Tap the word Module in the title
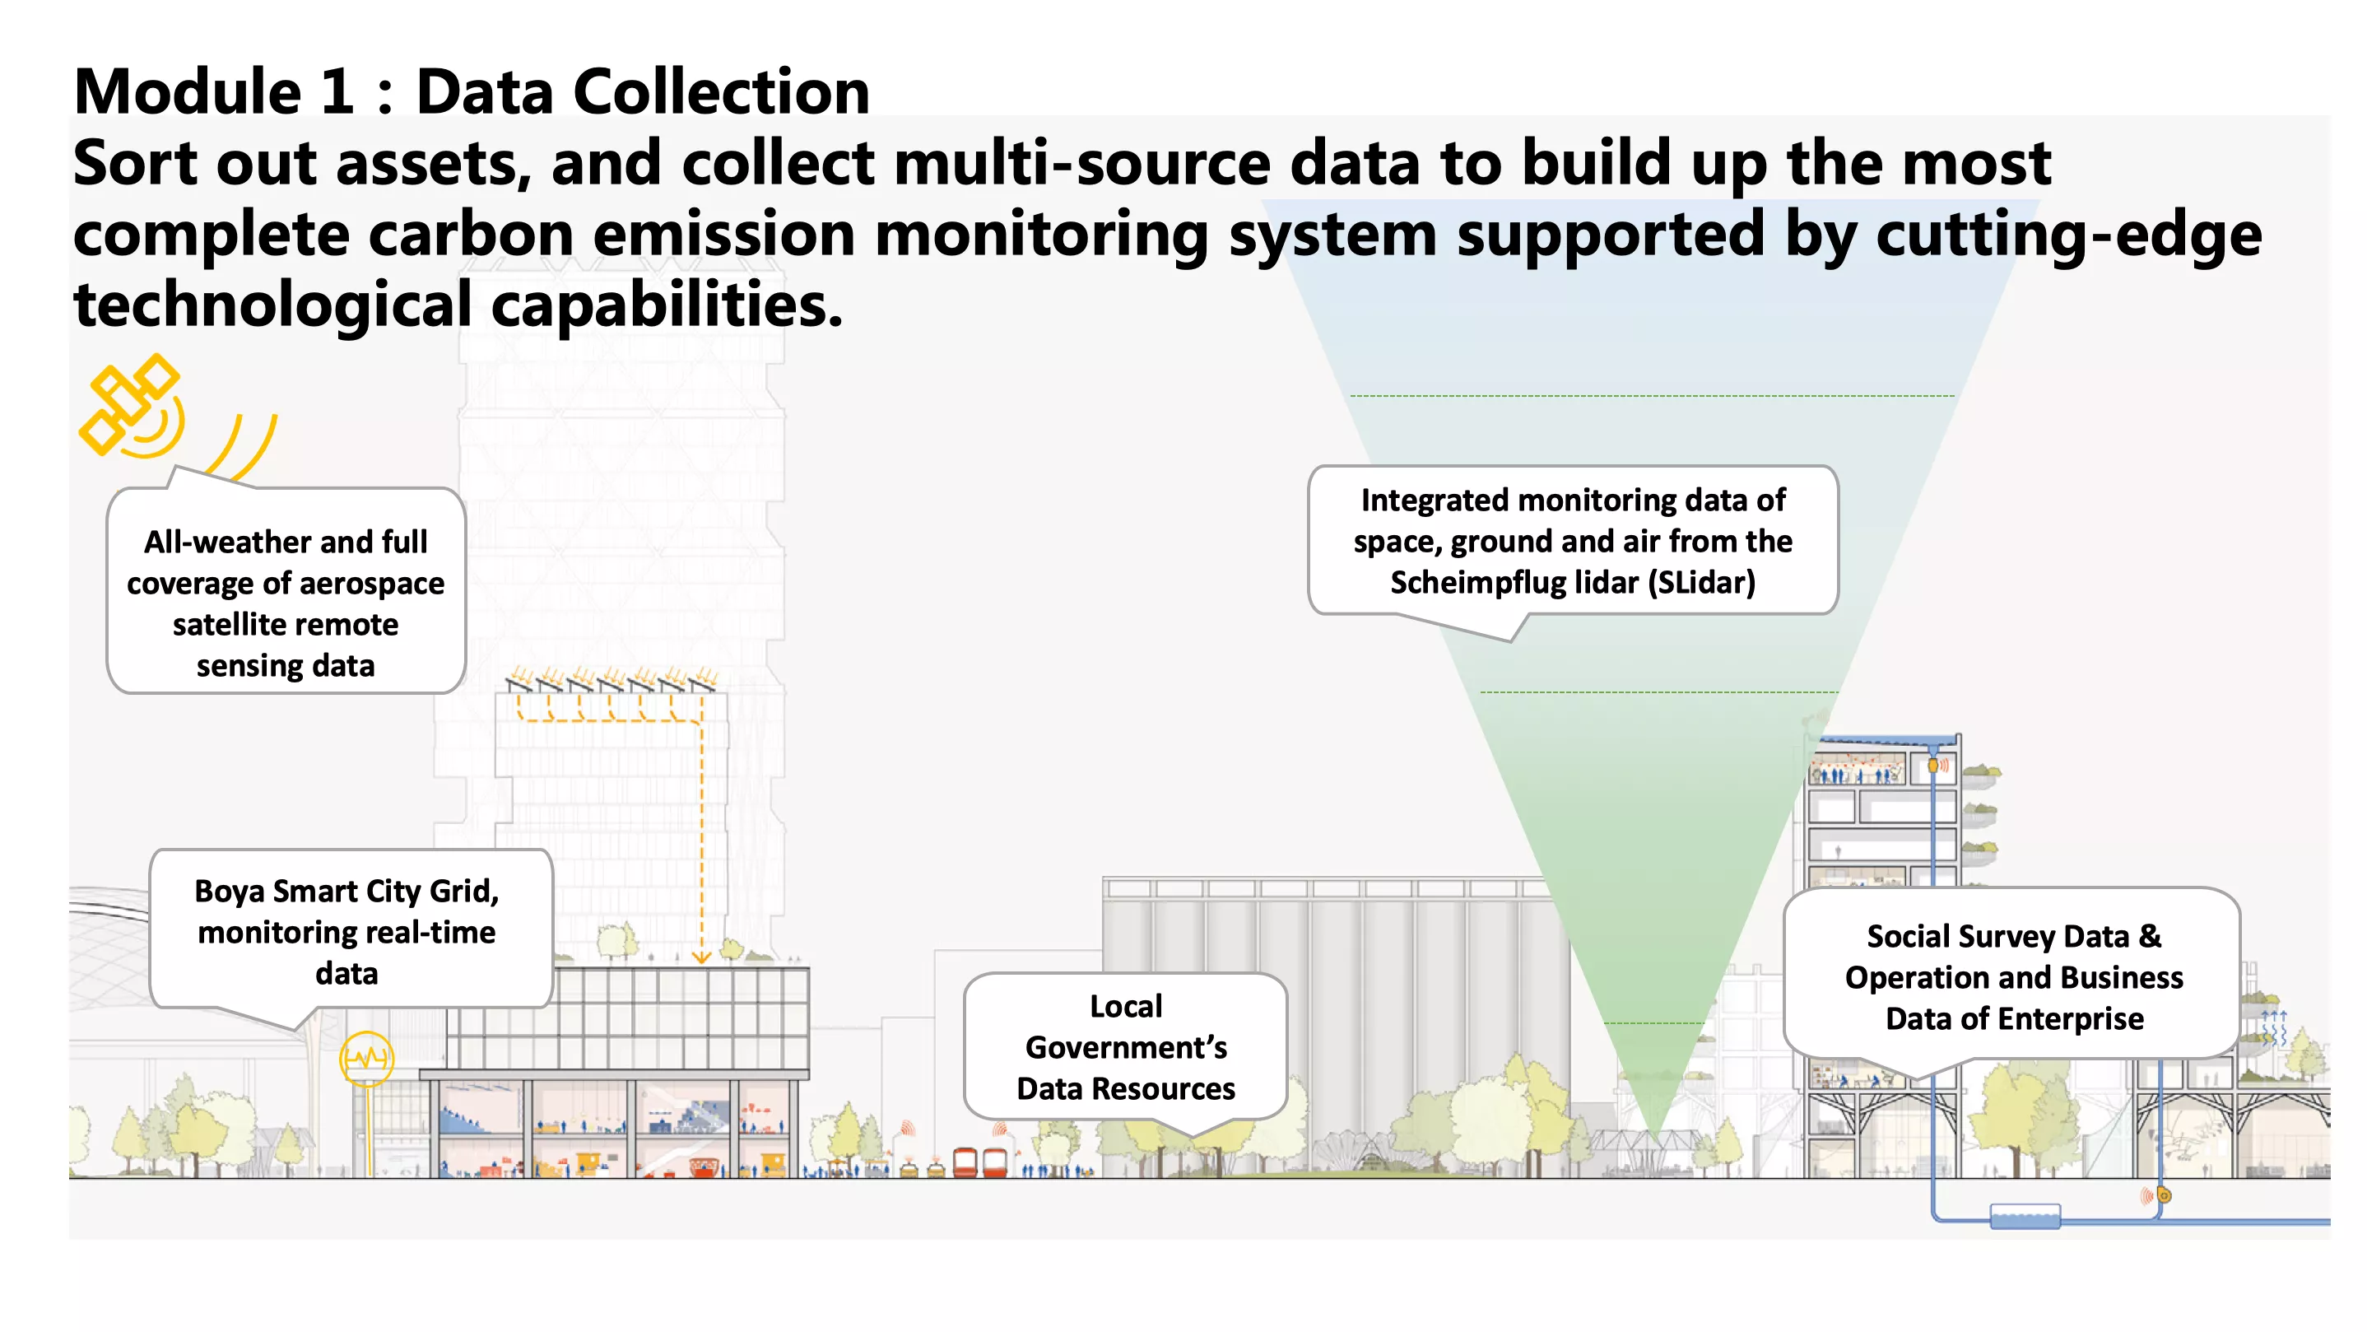click(x=188, y=92)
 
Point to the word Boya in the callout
click(x=229, y=891)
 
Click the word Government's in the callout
click(x=1126, y=1047)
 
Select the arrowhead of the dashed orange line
click(x=701, y=957)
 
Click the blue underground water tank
click(x=2025, y=1217)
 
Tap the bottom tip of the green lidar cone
click(x=1654, y=1138)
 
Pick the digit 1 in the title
click(x=338, y=92)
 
